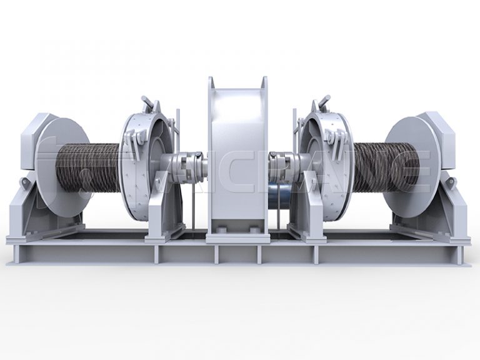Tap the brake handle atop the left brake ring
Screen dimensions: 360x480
pyautogui.click(x=147, y=101)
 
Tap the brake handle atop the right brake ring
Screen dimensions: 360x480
pyautogui.click(x=324, y=101)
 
